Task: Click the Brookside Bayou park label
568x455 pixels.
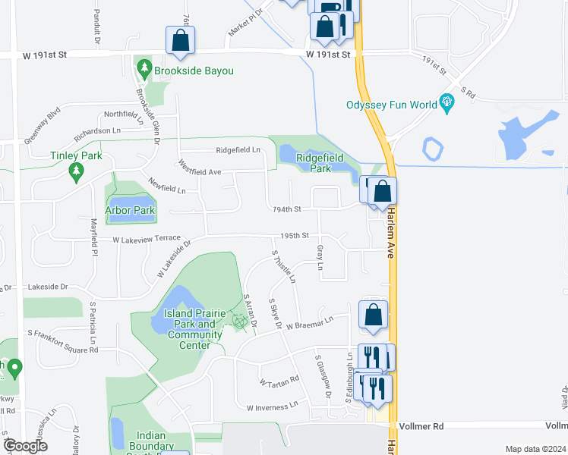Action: click(193, 71)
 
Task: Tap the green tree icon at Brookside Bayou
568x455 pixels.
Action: click(144, 70)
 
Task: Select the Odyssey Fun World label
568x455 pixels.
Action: click(391, 105)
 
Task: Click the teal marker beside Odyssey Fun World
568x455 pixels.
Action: click(447, 104)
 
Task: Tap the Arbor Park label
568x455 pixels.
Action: click(130, 210)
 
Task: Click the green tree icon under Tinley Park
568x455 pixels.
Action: click(75, 174)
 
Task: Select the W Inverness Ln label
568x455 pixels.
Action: click(273, 407)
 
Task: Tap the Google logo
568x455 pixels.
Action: click(25, 446)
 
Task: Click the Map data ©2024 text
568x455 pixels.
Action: click(535, 449)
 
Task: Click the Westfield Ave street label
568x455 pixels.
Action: click(200, 172)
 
